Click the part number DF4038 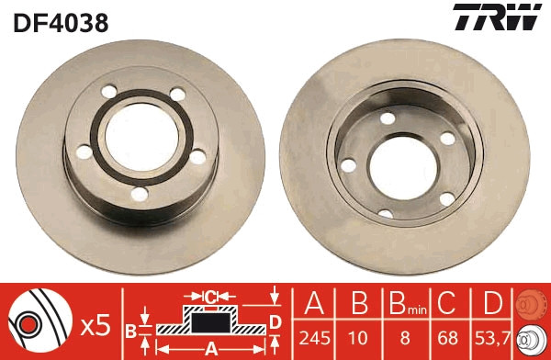[x=61, y=22]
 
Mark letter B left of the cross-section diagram [x=130, y=328]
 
